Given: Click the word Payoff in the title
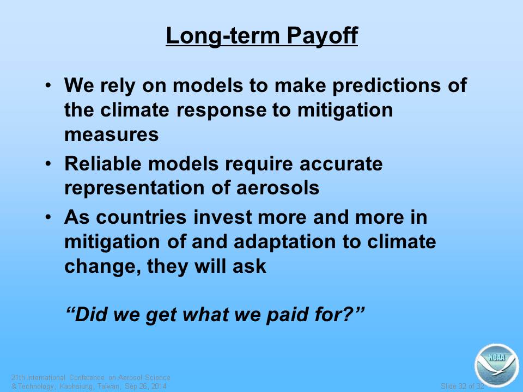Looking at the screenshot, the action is pyautogui.click(x=322, y=36).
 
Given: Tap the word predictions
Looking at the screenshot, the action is pyautogui.click(x=387, y=85).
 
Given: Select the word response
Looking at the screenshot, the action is pyautogui.click(x=221, y=111).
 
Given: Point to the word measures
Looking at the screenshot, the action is pyautogui.click(x=111, y=135).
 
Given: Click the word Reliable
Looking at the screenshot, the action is pyautogui.click(x=103, y=164).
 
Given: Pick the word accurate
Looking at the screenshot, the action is pyautogui.click(x=341, y=164).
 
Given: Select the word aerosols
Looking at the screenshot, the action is pyautogui.click(x=277, y=188).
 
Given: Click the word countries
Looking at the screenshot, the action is pyautogui.click(x=141, y=217).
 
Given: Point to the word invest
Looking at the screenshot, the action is pyautogui.click(x=222, y=217).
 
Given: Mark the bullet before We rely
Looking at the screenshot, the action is pyautogui.click(x=48, y=85).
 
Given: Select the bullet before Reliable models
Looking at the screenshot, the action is pyautogui.click(x=48, y=163).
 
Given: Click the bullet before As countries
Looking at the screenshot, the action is pyautogui.click(x=48, y=217).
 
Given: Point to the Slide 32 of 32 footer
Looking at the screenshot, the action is pyautogui.click(x=463, y=387).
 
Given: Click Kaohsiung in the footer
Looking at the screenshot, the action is pyautogui.click(x=76, y=387).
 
